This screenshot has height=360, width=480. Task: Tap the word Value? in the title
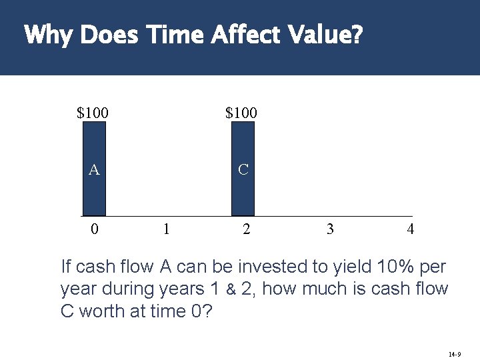point(323,35)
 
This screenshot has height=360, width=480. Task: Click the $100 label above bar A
point(93,113)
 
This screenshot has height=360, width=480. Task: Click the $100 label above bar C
point(241,113)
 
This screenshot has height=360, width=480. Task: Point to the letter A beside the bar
point(95,170)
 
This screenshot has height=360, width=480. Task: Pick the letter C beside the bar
point(243,170)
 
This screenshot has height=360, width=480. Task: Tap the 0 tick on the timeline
point(95,229)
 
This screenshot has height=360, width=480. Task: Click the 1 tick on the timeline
point(166,229)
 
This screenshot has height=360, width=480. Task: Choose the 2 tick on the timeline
point(247,229)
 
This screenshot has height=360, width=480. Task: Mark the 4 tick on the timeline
point(411,229)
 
